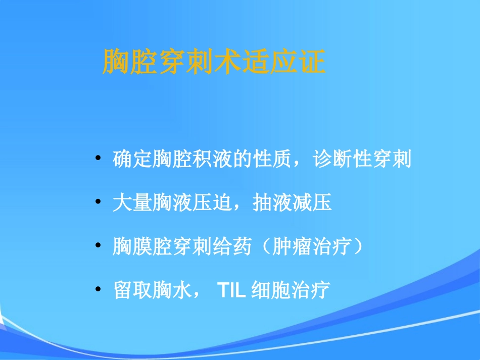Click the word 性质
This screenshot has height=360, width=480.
click(276, 160)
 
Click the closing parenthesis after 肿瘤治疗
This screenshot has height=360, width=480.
click(357, 247)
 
